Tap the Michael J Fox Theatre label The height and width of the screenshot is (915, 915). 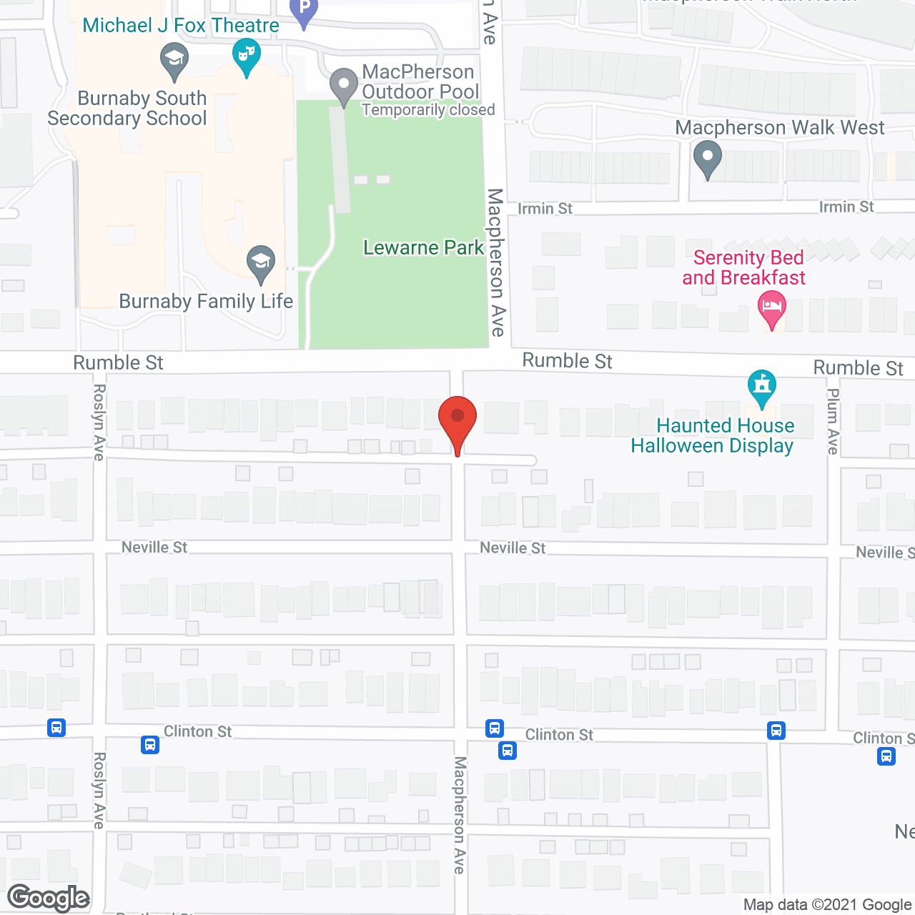click(181, 26)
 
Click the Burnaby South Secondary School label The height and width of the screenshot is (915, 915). click(128, 108)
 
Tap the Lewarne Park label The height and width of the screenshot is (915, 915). click(423, 248)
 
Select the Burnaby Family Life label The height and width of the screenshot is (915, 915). click(206, 302)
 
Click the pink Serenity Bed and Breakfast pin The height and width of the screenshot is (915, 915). click(771, 309)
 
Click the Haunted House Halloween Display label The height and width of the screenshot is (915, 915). click(713, 435)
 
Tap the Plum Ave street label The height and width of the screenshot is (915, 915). click(833, 421)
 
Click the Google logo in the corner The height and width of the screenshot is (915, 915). click(49, 898)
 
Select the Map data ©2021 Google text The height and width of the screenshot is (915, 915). click(827, 905)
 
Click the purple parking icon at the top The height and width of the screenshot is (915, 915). click(304, 10)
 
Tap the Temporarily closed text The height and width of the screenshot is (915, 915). click(428, 110)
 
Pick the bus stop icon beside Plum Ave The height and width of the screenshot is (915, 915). click(776, 731)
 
